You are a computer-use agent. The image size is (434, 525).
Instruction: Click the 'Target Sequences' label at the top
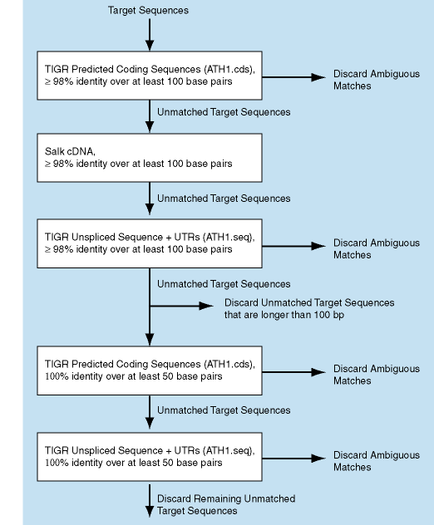148,10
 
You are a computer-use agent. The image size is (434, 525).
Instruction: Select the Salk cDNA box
150,158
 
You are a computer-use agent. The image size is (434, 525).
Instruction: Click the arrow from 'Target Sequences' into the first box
150,35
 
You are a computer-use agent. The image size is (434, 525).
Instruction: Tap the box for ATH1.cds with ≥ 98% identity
150,76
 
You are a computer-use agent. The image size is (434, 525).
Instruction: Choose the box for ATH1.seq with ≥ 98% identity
150,243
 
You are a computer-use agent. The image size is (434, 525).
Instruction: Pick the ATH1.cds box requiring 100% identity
150,370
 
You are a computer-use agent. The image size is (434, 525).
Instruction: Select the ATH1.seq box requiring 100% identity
150,457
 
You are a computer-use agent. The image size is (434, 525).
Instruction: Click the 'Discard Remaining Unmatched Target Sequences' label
226,504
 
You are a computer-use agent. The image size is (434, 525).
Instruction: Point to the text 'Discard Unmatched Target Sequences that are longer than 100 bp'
309,308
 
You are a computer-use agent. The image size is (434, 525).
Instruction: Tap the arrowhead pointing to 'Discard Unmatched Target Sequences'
206,306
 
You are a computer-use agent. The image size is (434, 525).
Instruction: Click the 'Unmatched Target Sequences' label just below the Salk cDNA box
224,199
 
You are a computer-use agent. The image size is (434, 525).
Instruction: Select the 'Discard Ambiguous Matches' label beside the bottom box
377,461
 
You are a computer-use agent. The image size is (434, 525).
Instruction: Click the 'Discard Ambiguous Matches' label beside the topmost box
377,80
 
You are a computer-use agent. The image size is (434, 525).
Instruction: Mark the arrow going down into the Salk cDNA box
150,116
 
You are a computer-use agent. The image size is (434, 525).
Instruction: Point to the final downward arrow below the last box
150,500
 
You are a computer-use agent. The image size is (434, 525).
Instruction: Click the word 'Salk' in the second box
55,151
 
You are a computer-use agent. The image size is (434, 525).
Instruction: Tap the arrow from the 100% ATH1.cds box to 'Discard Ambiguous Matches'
294,372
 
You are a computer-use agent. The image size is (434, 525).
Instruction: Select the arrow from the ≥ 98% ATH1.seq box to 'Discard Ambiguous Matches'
294,246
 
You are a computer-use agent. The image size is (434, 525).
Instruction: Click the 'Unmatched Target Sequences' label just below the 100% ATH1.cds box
224,410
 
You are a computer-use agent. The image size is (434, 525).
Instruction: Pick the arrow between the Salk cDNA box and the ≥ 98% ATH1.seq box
150,199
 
